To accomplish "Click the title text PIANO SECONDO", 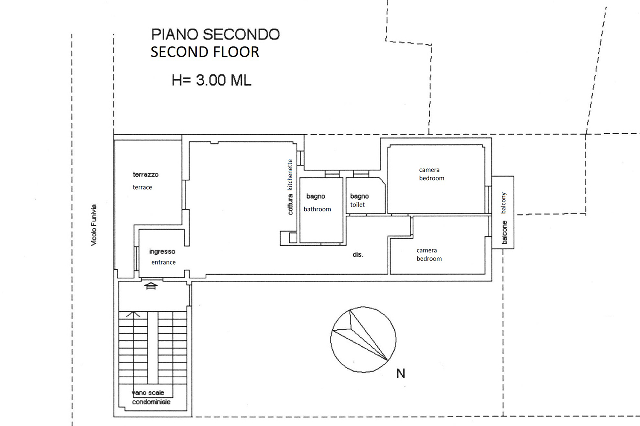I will pos(215,35).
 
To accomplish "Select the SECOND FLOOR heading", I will pos(205,52).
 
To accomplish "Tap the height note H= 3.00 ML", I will pos(211,80).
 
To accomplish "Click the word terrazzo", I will pos(145,175).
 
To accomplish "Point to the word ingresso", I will pos(162,252).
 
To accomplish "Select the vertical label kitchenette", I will pos(290,175).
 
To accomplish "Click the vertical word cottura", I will pos(290,204).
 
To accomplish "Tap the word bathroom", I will pos(317,209).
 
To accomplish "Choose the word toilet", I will pos(358,205).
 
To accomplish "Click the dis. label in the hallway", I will pos(358,255).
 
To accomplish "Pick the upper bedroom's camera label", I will pos(429,170).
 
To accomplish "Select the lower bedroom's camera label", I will pos(427,250).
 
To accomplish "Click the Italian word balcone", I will pos(504,232).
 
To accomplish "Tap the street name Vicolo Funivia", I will pos(94,225).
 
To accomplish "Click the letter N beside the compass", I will pos(400,374).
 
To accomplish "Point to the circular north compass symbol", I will pos(363,340).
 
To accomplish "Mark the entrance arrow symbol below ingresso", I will pos(151,286).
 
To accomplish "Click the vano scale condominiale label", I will pos(151,397).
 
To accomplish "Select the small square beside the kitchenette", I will pos(293,238).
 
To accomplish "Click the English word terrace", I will pos(142,187).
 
